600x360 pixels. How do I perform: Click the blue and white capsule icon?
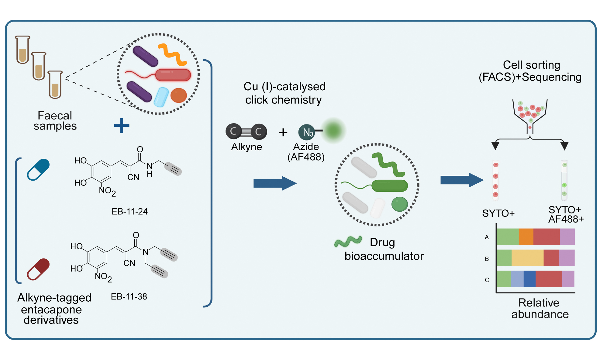click(38, 170)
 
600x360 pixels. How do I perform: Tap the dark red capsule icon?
click(38, 269)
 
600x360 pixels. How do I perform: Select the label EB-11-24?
click(129, 211)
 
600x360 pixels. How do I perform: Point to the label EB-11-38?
click(129, 296)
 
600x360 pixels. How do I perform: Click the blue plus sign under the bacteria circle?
click(122, 126)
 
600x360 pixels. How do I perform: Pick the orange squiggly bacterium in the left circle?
click(172, 54)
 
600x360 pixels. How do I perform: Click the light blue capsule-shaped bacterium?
click(161, 97)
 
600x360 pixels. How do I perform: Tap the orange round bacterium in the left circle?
click(178, 95)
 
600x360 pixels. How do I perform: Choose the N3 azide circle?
click(306, 132)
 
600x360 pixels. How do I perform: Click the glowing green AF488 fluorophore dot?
click(333, 130)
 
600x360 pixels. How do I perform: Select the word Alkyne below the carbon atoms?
click(247, 147)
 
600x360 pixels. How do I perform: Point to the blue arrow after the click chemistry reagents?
click(275, 183)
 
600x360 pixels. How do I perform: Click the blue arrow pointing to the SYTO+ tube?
click(461, 180)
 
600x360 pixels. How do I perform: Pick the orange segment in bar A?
click(526, 237)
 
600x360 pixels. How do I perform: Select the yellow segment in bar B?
click(527, 258)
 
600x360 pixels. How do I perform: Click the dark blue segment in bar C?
click(529, 279)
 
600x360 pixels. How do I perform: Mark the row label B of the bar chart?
click(487, 259)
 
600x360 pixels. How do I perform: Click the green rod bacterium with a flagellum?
click(389, 185)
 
